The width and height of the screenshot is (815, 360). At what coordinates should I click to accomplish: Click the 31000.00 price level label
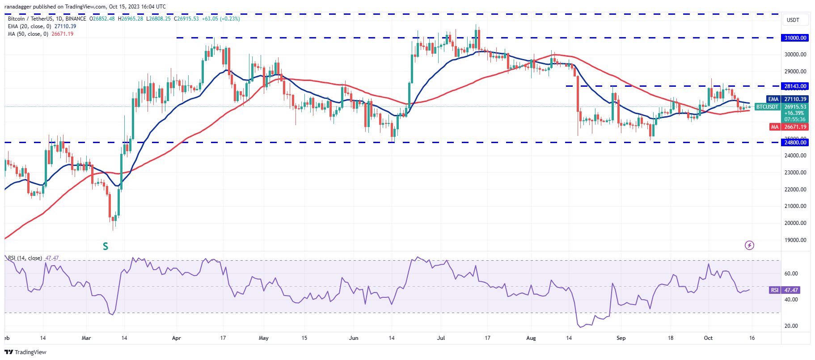pos(795,38)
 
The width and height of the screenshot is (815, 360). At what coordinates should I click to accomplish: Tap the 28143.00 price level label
pos(795,86)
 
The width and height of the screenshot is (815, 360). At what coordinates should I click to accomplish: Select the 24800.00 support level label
pos(795,143)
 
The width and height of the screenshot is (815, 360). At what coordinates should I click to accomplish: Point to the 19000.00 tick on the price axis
pos(795,240)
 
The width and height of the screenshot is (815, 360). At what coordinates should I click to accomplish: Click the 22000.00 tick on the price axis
pos(795,190)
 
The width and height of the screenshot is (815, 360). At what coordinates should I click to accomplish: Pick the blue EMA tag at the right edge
pos(773,99)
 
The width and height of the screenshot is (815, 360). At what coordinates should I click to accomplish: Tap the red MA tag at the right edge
pos(775,127)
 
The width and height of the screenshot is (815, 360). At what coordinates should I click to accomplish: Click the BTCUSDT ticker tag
pos(767,107)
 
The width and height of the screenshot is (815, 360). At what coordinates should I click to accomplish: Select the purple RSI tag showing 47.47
pos(774,290)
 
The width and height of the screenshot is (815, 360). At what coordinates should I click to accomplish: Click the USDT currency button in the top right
pos(793,20)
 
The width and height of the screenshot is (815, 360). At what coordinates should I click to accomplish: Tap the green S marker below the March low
pos(106,246)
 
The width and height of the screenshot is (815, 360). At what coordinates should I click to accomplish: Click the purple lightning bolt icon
pos(749,245)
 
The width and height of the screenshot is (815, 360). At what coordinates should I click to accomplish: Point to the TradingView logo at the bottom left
pos(25,352)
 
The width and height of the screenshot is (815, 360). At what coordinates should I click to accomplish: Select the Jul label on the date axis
pos(441,338)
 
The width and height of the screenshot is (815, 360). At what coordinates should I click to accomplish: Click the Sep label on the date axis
pos(621,338)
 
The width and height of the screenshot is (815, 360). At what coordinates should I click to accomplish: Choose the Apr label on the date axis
pos(177,338)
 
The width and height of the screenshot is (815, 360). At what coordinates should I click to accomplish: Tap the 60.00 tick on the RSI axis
pos(791,274)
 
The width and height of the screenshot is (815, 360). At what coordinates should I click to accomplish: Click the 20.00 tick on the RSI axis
pos(791,326)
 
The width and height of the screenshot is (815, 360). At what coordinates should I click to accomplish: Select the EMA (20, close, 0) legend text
pos(30,26)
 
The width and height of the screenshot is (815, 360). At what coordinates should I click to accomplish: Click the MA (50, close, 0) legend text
pos(28,34)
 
